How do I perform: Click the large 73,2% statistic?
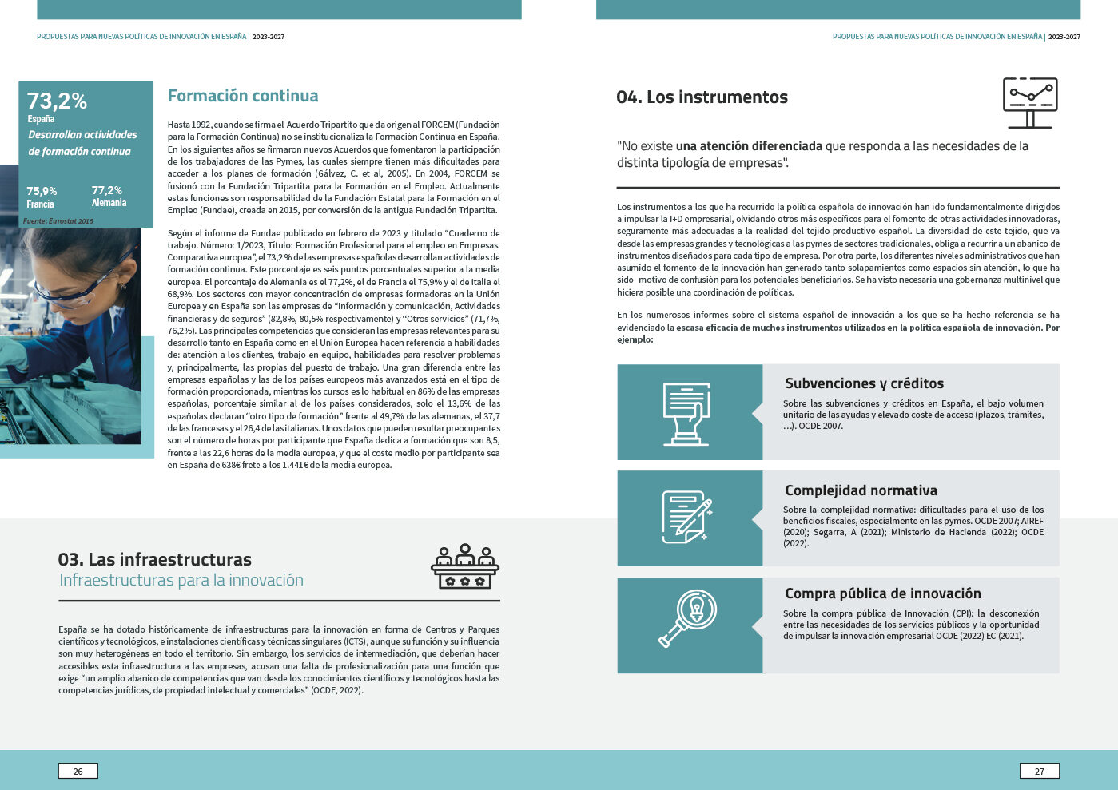click(57, 101)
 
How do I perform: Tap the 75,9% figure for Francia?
click(42, 191)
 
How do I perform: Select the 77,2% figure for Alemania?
click(107, 190)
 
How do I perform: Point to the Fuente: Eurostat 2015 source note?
click(58, 220)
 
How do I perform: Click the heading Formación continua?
click(243, 96)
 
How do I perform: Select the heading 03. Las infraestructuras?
click(154, 559)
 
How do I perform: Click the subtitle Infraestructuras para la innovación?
click(181, 580)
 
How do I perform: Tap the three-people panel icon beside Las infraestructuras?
click(465, 566)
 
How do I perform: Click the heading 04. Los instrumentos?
click(702, 97)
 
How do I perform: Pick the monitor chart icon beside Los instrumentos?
click(1030, 102)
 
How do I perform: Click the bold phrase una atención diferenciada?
click(749, 146)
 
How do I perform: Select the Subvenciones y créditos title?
click(864, 383)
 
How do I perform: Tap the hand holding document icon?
click(686, 412)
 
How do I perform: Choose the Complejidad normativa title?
click(861, 490)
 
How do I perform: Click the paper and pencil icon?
click(686, 517)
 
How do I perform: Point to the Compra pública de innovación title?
click(882, 593)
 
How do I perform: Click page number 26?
click(78, 771)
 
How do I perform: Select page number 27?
click(1039, 771)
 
